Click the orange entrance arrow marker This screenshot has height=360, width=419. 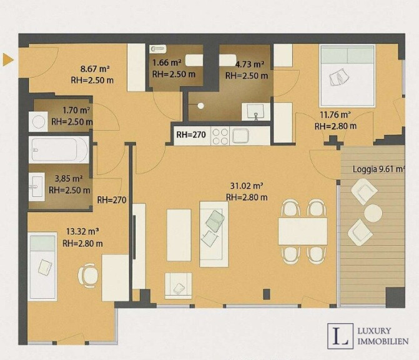8,59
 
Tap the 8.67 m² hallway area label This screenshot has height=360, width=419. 95,69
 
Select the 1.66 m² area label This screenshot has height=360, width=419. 167,62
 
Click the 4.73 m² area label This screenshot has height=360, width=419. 250,64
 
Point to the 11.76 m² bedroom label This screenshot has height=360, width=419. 335,115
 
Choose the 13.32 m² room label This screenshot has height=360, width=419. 82,231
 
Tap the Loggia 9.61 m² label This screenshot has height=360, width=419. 379,169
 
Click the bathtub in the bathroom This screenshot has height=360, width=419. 59,150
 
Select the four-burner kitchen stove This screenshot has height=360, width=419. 220,136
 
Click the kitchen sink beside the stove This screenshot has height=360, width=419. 240,136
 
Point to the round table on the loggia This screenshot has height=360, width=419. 373,213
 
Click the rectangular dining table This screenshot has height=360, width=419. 303,231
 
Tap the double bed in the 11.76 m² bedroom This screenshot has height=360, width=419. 347,76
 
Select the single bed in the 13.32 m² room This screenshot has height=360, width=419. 42,266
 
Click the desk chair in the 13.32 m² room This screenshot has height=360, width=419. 88,276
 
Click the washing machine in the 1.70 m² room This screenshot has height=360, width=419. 38,122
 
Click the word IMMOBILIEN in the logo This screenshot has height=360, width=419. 383,341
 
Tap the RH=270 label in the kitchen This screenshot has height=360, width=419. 191,135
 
